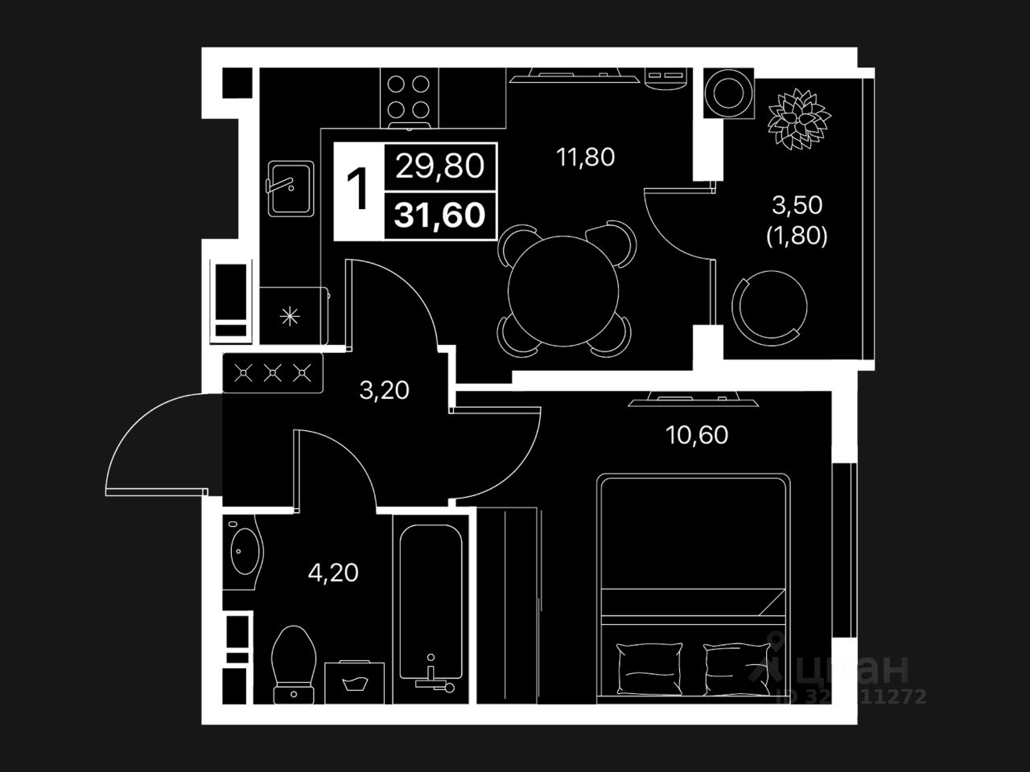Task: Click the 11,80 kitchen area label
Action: click(x=585, y=157)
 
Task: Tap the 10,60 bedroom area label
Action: click(x=697, y=435)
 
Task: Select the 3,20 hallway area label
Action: click(x=384, y=391)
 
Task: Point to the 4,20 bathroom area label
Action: click(x=333, y=573)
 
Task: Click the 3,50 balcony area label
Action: click(x=797, y=206)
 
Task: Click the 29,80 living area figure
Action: click(x=439, y=166)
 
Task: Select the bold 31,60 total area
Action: click(x=439, y=216)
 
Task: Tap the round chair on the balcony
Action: click(x=770, y=305)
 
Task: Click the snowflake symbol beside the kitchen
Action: click(x=287, y=316)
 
